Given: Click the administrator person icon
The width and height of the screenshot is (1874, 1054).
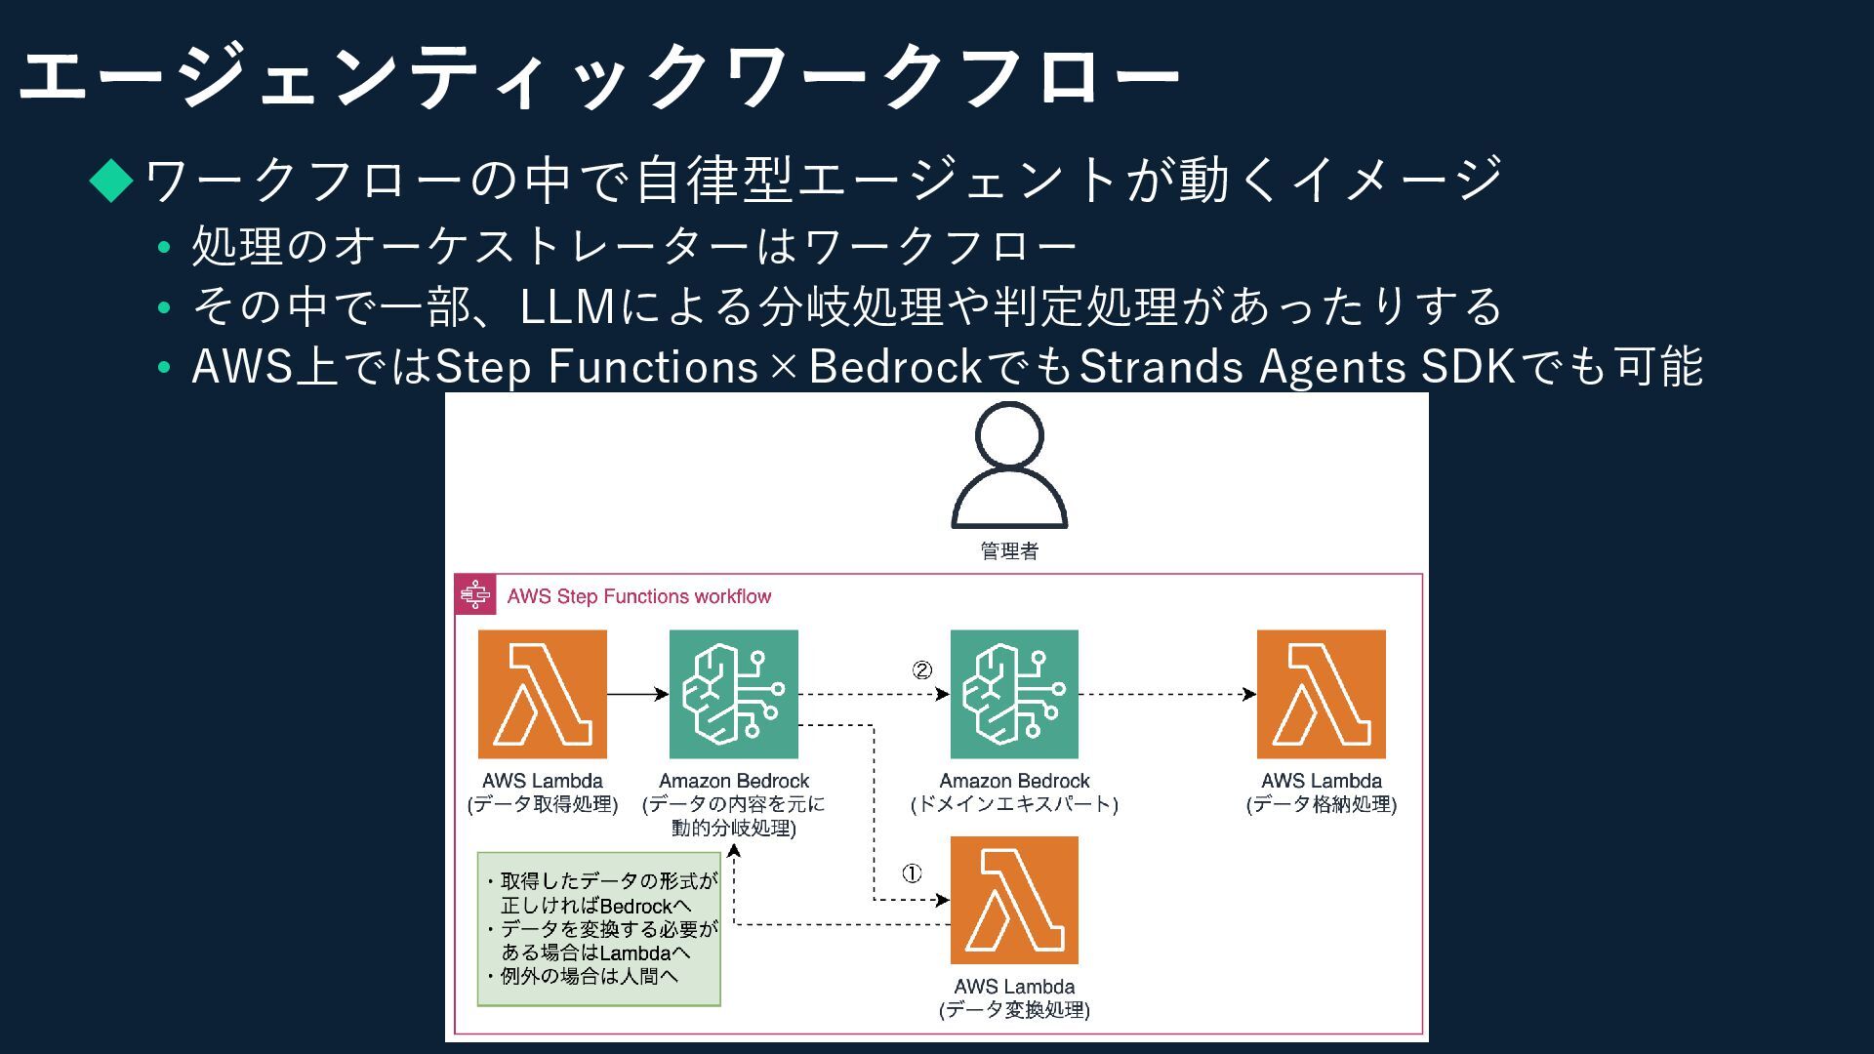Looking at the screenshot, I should (x=1009, y=466).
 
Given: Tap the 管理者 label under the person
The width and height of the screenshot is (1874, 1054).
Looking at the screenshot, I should (x=1009, y=551).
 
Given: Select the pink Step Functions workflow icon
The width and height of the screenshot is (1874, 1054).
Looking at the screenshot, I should (x=475, y=594).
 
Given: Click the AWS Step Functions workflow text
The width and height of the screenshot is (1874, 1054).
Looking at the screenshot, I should (x=639, y=596).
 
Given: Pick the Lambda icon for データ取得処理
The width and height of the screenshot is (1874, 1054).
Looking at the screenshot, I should (x=543, y=694).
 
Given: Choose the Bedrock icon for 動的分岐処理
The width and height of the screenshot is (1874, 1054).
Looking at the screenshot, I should (x=734, y=694).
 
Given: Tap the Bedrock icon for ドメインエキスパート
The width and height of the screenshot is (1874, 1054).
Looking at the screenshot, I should (x=1014, y=694).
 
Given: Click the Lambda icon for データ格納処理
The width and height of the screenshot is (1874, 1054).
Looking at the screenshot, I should (x=1322, y=694).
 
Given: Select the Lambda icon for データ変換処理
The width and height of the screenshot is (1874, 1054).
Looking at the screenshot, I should (x=1014, y=900).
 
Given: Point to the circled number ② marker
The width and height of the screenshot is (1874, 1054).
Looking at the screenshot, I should (x=922, y=670).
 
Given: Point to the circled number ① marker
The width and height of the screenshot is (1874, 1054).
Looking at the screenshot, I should (x=911, y=873).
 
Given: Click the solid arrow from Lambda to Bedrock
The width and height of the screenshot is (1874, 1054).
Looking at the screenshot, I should (x=637, y=694).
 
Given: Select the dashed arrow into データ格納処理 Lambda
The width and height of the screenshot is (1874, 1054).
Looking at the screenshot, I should (x=1166, y=694).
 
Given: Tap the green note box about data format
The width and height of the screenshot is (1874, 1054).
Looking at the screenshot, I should (x=599, y=929).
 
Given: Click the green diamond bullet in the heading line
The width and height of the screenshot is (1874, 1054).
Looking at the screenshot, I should (x=111, y=180).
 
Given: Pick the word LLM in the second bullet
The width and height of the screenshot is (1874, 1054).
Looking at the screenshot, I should (x=567, y=307).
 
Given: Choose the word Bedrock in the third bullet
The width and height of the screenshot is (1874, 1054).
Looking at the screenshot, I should (x=895, y=368).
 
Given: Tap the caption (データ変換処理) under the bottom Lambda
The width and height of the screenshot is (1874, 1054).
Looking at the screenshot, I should (x=1014, y=1010).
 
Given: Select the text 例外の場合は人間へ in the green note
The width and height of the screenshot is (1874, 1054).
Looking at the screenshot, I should (x=590, y=976).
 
